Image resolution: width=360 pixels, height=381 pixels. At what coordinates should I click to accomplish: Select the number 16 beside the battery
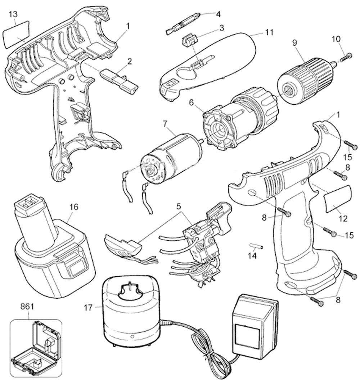pyautogui.click(x=73, y=208)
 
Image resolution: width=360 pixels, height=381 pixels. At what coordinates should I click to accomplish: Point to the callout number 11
pyautogui.click(x=269, y=32)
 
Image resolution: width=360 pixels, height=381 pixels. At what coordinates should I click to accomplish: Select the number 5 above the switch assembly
pyautogui.click(x=179, y=207)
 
